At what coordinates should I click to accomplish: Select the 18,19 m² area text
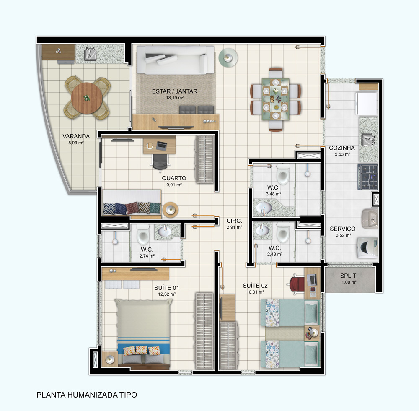pyautogui.click(x=175, y=97)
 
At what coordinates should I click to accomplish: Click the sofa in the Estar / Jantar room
pyautogui.click(x=176, y=60)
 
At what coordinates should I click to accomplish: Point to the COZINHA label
pyautogui.click(x=341, y=148)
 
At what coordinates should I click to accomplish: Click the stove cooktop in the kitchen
pyautogui.click(x=367, y=176)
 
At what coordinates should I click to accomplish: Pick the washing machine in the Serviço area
pyautogui.click(x=367, y=246)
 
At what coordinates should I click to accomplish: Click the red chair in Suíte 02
pyautogui.click(x=297, y=283)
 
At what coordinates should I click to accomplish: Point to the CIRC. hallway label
pyautogui.click(x=234, y=221)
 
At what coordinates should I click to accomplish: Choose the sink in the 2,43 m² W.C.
pyautogui.click(x=263, y=230)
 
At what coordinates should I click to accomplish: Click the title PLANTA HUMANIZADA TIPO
pyautogui.click(x=87, y=395)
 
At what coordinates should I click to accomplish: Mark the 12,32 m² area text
pyautogui.click(x=167, y=294)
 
